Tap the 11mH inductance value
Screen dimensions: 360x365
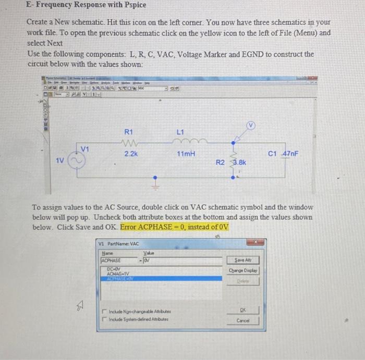pyautogui.click(x=186, y=154)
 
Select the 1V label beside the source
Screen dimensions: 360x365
pyautogui.click(x=60, y=161)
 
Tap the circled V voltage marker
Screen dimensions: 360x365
pyautogui.click(x=251, y=127)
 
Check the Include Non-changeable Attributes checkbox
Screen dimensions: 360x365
pyautogui.click(x=104, y=312)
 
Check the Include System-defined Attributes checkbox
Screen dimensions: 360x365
pyautogui.click(x=104, y=319)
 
